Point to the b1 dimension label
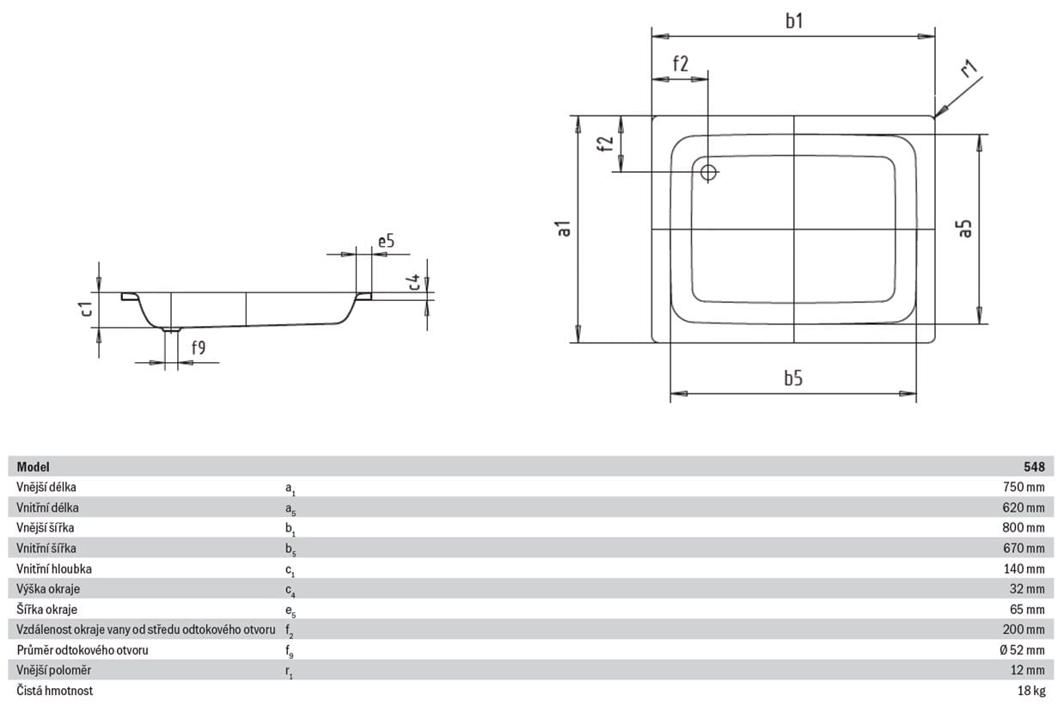click(794, 21)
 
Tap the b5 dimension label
click(793, 378)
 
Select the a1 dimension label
click(565, 229)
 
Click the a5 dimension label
click(965, 229)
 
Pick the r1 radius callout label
click(969, 69)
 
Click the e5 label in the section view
click(386, 241)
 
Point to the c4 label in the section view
click(414, 281)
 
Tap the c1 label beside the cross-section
click(87, 309)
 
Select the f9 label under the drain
click(199, 347)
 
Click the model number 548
click(1034, 467)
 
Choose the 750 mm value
click(1024, 487)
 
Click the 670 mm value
click(1024, 548)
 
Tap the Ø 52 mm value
click(1022, 650)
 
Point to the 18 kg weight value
click(1031, 691)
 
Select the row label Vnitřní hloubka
click(54, 569)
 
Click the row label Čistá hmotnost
click(55, 691)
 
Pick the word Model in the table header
click(33, 467)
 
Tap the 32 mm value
click(1027, 588)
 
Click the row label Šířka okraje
click(46, 609)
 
